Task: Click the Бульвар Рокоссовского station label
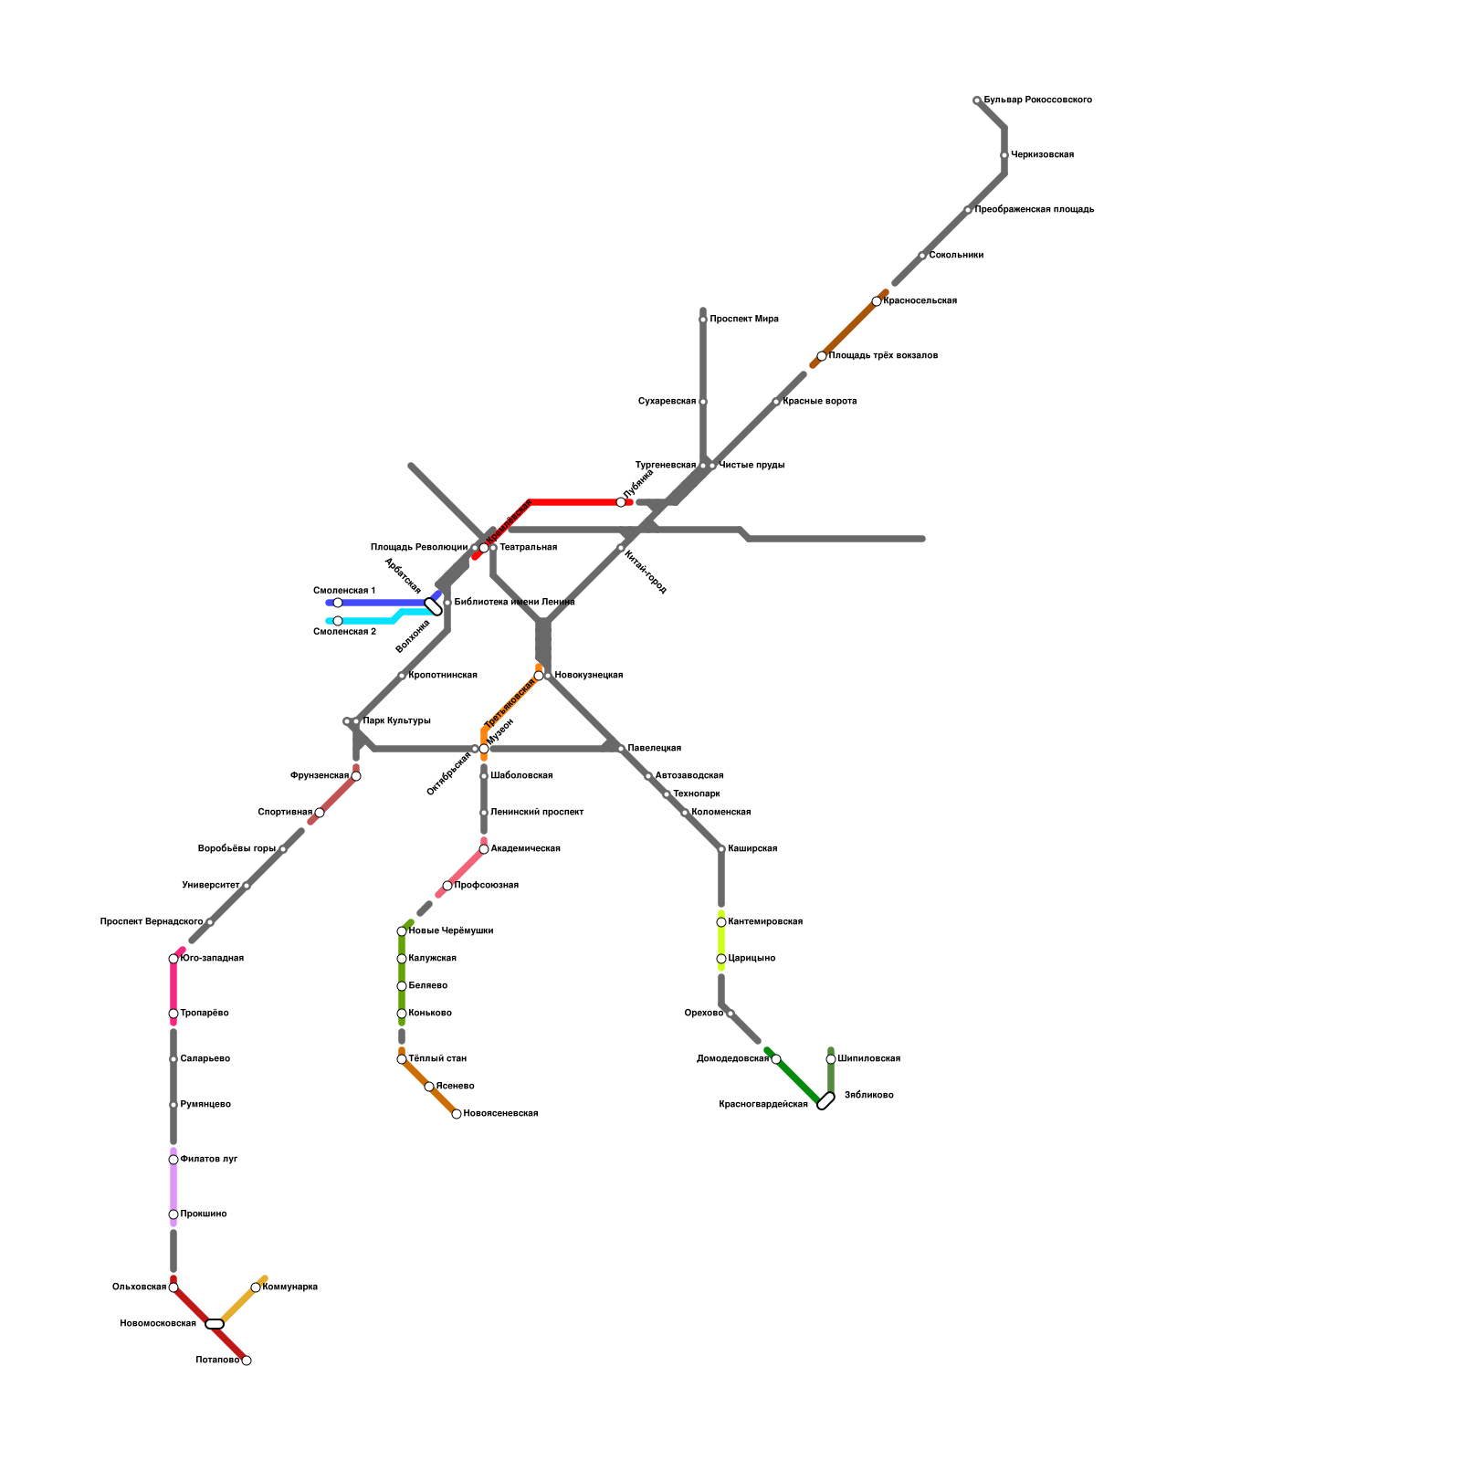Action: point(1037,100)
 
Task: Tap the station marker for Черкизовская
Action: point(1004,155)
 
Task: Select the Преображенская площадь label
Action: point(1034,210)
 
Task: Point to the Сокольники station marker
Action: point(922,256)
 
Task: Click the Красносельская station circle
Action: point(877,301)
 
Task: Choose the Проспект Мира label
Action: point(743,320)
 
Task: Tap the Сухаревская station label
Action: point(667,402)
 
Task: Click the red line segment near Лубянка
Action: point(575,502)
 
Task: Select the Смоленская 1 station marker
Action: point(338,603)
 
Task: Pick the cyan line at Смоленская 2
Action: point(365,621)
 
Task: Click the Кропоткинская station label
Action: point(443,676)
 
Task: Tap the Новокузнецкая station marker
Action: point(539,676)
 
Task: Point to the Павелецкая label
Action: point(654,749)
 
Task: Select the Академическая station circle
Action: point(484,849)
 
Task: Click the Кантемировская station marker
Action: point(721,922)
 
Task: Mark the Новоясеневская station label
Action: point(500,1114)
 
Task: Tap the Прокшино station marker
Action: point(173,1214)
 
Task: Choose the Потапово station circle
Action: point(247,1361)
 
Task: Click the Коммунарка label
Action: point(289,1288)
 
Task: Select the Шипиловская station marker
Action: point(831,1059)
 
